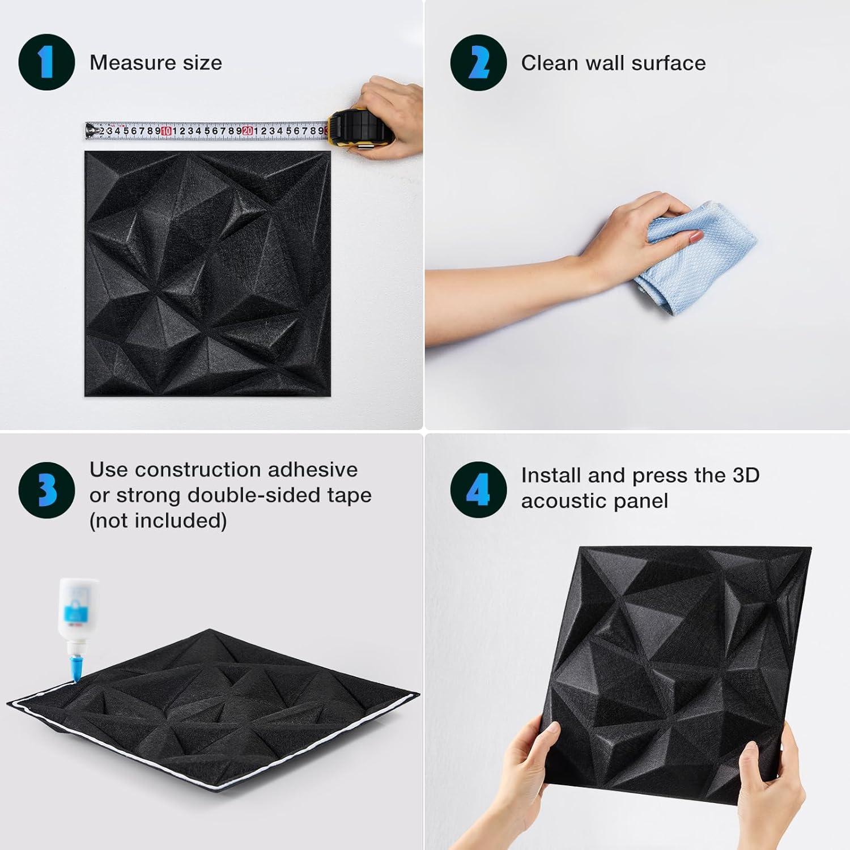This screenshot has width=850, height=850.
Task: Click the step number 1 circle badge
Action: pos(46,62)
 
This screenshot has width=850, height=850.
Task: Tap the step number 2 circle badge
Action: pos(478,62)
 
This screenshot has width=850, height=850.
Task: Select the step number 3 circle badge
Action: pos(46,490)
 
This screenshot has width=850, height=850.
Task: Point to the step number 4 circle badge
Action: pos(478,490)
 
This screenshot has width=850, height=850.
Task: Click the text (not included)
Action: pos(158,520)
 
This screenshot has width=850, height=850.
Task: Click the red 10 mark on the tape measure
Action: pos(166,131)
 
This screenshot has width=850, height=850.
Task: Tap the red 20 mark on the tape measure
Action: pos(248,131)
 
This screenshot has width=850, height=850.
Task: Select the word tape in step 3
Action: pos(349,495)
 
